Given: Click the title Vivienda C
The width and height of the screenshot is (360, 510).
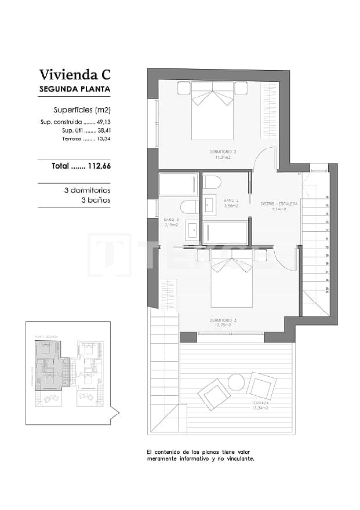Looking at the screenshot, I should (x=74, y=75).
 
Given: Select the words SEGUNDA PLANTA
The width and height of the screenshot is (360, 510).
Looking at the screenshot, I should (x=74, y=89).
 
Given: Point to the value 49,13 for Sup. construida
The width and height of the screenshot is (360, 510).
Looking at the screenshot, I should (x=103, y=122).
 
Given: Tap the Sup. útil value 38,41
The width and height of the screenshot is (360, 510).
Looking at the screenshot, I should (x=103, y=131).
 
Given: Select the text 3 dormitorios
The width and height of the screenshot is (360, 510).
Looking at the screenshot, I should (x=87, y=190).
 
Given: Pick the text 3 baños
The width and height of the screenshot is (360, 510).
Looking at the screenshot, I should (x=95, y=200).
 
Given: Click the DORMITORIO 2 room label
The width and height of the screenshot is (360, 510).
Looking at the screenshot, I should (x=223, y=152).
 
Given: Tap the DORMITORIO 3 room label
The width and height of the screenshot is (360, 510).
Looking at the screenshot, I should (x=223, y=320).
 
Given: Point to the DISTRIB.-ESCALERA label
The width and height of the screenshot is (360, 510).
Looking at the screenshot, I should (x=280, y=204).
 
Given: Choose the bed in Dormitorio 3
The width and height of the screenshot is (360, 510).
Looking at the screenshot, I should (x=231, y=279).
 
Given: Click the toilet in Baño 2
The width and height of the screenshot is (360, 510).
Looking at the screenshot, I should (x=212, y=182).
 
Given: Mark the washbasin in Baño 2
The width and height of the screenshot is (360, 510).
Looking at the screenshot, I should (x=210, y=204).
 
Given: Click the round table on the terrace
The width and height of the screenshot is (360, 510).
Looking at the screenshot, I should (x=236, y=382).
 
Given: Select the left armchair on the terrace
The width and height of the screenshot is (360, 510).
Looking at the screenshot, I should (x=214, y=394).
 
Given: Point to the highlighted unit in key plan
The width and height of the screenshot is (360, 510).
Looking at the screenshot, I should (x=50, y=366).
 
